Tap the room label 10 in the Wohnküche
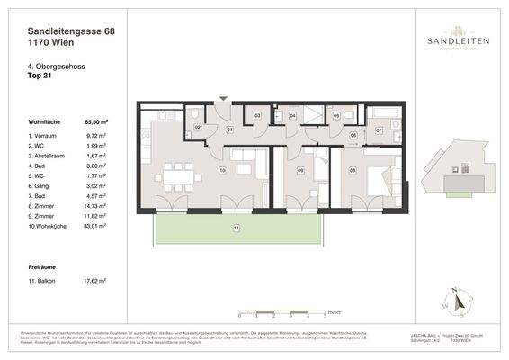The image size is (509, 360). click(222, 169)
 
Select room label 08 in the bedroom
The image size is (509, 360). click(353, 169)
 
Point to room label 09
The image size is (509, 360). click(301, 169)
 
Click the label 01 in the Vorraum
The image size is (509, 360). click(229, 130)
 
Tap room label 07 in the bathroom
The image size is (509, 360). click(380, 131)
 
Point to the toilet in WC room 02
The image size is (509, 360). click(196, 116)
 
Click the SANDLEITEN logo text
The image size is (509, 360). click(451, 41)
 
